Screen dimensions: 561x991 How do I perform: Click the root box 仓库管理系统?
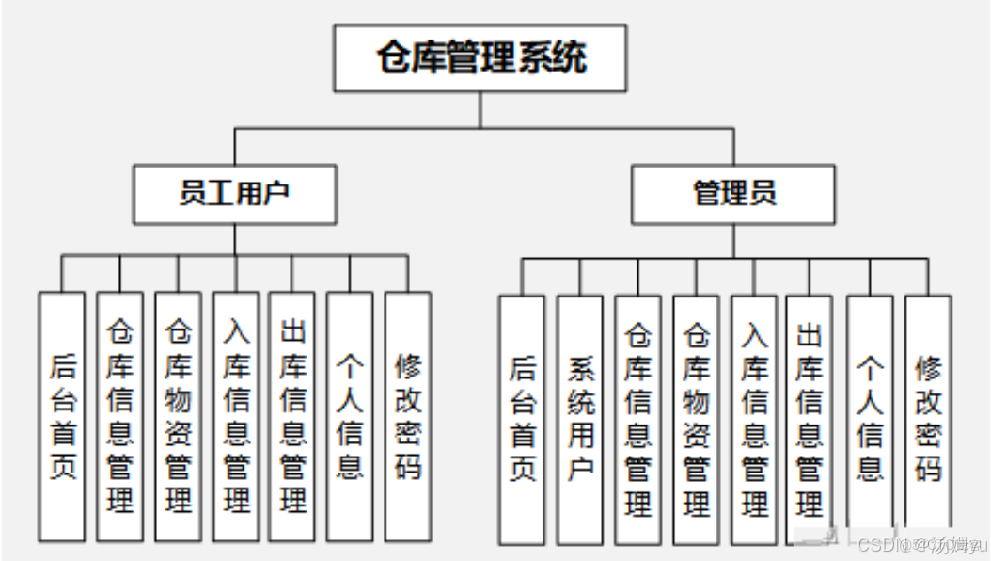480,58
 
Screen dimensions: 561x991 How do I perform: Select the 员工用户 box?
234,195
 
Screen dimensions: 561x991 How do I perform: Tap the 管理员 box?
733,195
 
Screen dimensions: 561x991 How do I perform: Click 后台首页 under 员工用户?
62,416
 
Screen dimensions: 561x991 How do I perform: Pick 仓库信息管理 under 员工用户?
119,416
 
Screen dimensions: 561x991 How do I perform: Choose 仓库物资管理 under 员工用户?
178,416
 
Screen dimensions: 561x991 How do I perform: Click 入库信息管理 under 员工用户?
235,416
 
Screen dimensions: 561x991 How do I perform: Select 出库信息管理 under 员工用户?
292,416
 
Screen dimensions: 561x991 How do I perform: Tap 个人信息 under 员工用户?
350,416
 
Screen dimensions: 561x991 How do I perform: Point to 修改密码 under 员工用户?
407,416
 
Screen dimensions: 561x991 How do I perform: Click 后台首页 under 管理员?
522,419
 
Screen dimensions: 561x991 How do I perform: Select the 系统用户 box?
580,419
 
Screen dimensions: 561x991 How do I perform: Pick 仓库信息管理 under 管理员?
638,419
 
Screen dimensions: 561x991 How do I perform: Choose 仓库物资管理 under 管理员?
696,419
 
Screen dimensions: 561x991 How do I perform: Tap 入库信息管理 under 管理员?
754,419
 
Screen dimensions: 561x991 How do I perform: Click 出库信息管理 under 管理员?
809,419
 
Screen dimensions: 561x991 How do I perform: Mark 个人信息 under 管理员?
870,419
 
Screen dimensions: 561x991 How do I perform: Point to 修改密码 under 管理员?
928,419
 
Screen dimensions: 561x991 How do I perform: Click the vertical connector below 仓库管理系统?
480,109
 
